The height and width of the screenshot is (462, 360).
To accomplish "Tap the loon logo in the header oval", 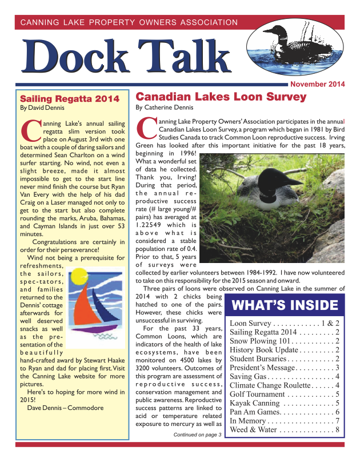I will click(x=291, y=46).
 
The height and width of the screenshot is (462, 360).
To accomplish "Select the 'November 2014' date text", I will click(x=318, y=85).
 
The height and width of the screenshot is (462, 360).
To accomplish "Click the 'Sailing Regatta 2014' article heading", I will click(x=69, y=98).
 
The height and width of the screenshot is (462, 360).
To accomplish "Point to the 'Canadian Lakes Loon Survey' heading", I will click(x=221, y=97).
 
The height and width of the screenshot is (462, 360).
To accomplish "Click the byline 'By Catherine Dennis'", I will click(x=165, y=107).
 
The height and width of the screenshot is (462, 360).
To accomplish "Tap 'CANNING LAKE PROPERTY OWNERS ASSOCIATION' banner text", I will click(x=129, y=23).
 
